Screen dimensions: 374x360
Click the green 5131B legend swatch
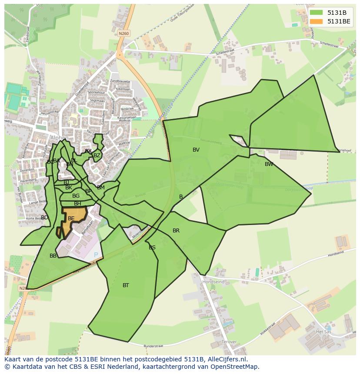[x=316, y=13]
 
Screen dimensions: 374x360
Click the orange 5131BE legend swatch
[x=316, y=21]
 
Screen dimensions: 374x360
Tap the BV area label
[x=196, y=150]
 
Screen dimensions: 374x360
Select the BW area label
[x=269, y=164]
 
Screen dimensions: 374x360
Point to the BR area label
[x=176, y=231]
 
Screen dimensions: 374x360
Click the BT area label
[x=126, y=285]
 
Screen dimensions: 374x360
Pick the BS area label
[x=152, y=248]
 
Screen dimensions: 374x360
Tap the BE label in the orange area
[x=71, y=218]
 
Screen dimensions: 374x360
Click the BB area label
[x=53, y=256]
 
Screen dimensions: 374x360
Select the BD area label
[x=44, y=218]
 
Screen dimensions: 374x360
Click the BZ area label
[x=97, y=156]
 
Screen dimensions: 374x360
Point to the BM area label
[x=101, y=188]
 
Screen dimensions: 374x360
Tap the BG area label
[x=76, y=196]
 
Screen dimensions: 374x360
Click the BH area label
[x=77, y=204]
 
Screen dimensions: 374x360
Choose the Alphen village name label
[x=59, y=138]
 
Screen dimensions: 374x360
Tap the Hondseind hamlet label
[x=213, y=282]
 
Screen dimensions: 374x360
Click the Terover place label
[x=229, y=342]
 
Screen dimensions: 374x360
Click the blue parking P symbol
[x=96, y=254]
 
